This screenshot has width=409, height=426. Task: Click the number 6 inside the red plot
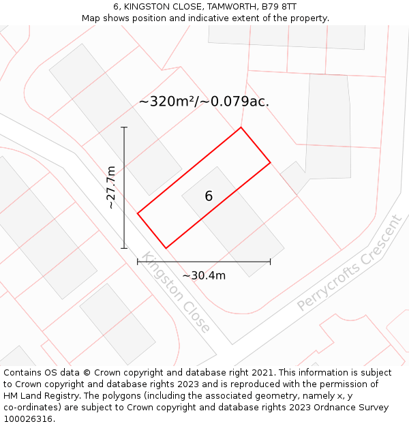point(209,196)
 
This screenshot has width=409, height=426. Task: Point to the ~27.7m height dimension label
point(111,187)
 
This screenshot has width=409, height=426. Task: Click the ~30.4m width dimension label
point(204,275)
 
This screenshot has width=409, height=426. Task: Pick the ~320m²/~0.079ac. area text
point(204,102)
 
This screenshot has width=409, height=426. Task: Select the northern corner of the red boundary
point(241,127)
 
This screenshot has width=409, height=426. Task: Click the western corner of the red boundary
point(138,213)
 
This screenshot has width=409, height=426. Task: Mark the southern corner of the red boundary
point(166,247)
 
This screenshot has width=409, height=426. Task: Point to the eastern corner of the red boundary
point(271,162)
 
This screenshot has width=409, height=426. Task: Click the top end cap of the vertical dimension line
point(124,127)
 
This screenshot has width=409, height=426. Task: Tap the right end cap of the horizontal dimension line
point(271,261)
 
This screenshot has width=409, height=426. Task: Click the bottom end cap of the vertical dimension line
point(124,248)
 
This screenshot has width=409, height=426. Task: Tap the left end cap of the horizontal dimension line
point(138,261)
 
